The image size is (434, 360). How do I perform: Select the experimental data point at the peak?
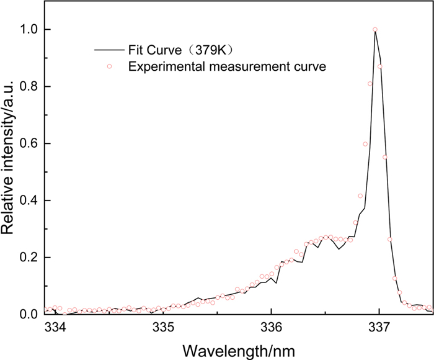374,29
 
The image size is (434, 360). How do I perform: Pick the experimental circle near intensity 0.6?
365,144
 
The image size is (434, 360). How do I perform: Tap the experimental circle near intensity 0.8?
370,84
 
